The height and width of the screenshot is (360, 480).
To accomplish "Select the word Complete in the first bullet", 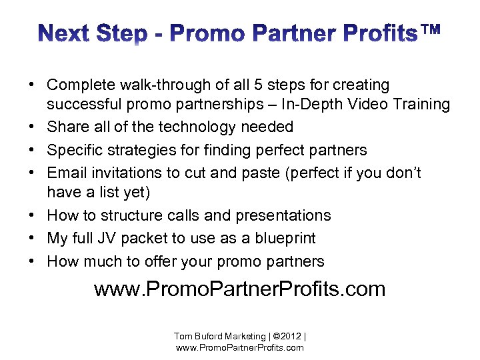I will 79,85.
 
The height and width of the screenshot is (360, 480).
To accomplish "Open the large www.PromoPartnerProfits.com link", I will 240,290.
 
